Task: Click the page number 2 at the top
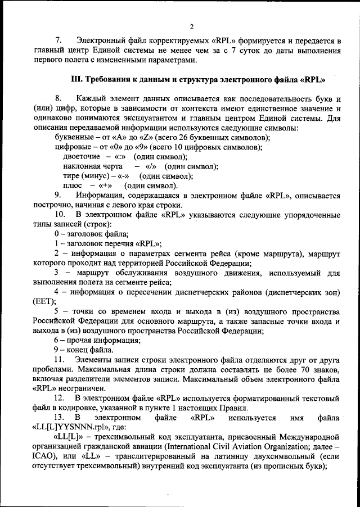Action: tap(191, 26)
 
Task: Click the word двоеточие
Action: tap(82, 156)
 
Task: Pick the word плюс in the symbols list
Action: tap(73, 185)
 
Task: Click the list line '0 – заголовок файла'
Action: tap(91, 234)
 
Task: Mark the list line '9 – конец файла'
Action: tap(83, 350)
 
